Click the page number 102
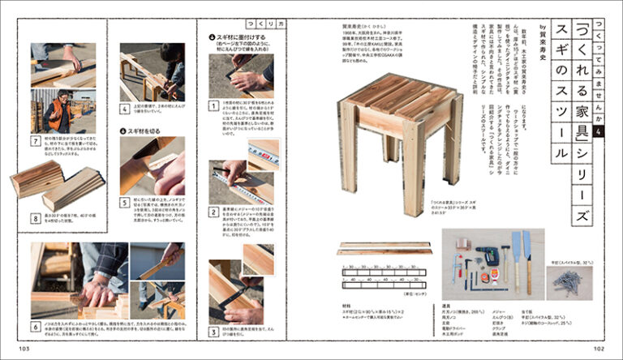(x=599, y=349)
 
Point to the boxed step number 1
(x=212, y=105)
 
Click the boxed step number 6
(x=36, y=328)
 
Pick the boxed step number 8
(x=36, y=217)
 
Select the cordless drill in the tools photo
(x=488, y=255)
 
